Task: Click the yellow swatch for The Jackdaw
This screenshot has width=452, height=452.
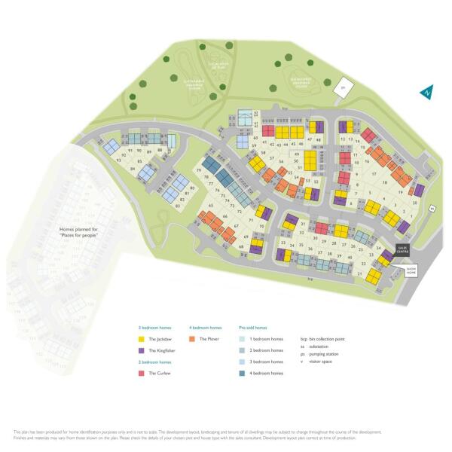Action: pyautogui.click(x=141, y=339)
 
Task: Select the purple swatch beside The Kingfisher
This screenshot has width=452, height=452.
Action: pyautogui.click(x=141, y=350)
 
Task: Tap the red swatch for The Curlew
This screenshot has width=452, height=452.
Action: pyautogui.click(x=141, y=373)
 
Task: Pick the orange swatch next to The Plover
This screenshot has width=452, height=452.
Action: pyautogui.click(x=193, y=339)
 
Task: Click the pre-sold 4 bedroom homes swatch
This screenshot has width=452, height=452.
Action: pyautogui.click(x=243, y=373)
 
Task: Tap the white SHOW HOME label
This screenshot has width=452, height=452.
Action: pyautogui.click(x=412, y=270)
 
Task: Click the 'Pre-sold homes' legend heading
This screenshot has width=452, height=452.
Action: pyautogui.click(x=253, y=328)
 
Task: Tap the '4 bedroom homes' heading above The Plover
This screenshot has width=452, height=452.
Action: pyautogui.click(x=205, y=328)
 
